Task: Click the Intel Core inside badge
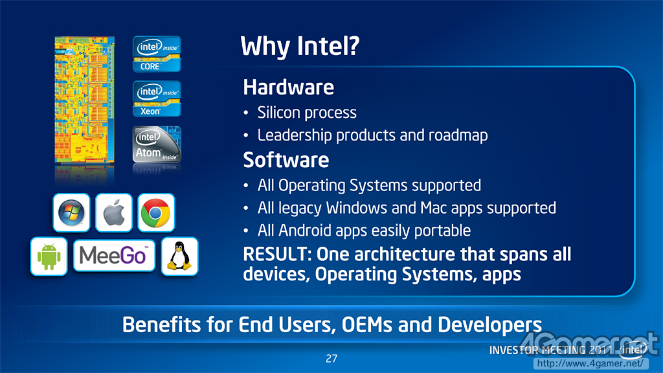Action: point(157,54)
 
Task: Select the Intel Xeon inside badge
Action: point(157,99)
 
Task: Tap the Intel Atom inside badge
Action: point(157,144)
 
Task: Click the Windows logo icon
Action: point(71,212)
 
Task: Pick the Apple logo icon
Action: point(114,212)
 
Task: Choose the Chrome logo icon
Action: point(156,212)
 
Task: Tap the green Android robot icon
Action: point(49,256)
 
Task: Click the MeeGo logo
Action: point(114,255)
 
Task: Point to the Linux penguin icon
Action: point(180,256)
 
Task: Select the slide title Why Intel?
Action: point(300,46)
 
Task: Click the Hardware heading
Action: point(288,87)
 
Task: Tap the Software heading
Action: point(286,160)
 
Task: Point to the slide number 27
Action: point(331,359)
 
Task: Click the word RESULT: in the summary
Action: point(277,254)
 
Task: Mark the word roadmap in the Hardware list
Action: point(458,135)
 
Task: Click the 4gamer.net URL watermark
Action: point(590,363)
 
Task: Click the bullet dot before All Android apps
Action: point(245,231)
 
